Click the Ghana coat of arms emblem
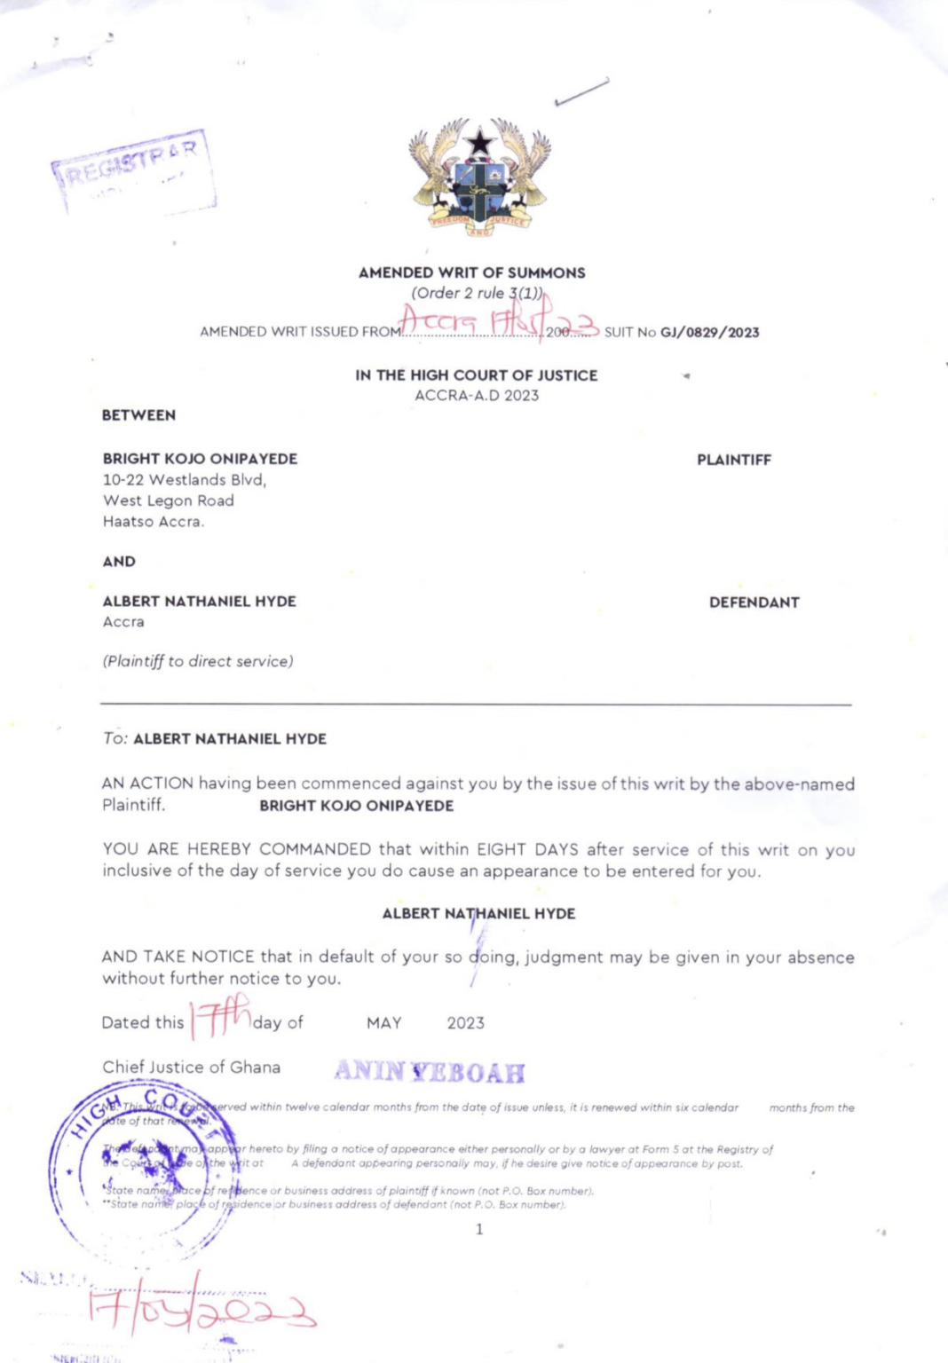click(x=479, y=177)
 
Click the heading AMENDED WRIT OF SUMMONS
click(x=471, y=272)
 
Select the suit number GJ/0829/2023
click(x=709, y=332)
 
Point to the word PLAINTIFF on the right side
click(x=733, y=460)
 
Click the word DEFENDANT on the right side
click(x=754, y=602)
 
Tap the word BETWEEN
click(x=138, y=414)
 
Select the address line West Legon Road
click(x=169, y=500)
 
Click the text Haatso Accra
click(x=153, y=522)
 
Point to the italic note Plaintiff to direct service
click(x=198, y=661)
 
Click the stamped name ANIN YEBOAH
click(x=430, y=1072)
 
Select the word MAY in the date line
click(x=383, y=1023)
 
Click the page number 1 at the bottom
click(x=479, y=1229)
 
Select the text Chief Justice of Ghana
click(x=191, y=1067)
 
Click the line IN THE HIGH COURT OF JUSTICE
click(x=476, y=375)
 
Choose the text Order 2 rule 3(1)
click(x=476, y=293)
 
